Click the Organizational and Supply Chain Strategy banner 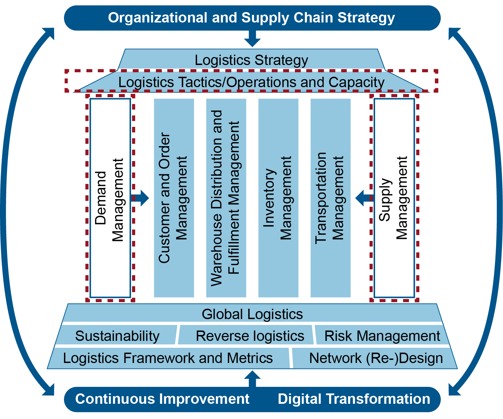pyautogui.click(x=252, y=18)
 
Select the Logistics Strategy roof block pyautogui.click(x=251, y=60)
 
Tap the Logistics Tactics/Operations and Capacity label pyautogui.click(x=251, y=82)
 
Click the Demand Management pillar pyautogui.click(x=110, y=198)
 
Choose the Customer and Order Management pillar pyautogui.click(x=174, y=198)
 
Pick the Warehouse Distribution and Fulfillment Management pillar pyautogui.click(x=226, y=198)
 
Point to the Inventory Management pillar pyautogui.click(x=278, y=198)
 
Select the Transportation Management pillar pyautogui.click(x=330, y=198)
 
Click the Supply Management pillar pyautogui.click(x=394, y=198)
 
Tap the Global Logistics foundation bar pyautogui.click(x=252, y=314)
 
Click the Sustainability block pyautogui.click(x=117, y=336)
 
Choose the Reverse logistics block pyautogui.click(x=250, y=336)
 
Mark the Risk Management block pyautogui.click(x=382, y=336)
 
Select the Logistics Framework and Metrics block pyautogui.click(x=168, y=358)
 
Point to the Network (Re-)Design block pyautogui.click(x=376, y=358)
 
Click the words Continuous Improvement pyautogui.click(x=162, y=399)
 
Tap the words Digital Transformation pyautogui.click(x=354, y=399)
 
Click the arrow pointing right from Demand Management pyautogui.click(x=141, y=198)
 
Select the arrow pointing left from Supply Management pyautogui.click(x=364, y=198)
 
